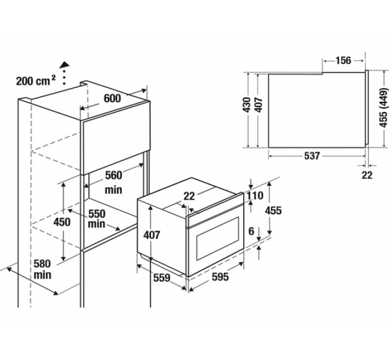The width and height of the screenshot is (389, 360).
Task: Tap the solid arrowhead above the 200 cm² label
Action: pos(64,65)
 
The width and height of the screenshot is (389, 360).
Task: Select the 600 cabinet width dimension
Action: pos(112,98)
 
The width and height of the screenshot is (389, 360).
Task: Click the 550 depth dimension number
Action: pos(97,212)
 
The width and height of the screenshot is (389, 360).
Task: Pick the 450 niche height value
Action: pos(61,222)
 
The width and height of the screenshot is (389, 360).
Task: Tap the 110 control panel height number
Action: pos(255,196)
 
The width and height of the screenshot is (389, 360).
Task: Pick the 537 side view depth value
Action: pos(311,155)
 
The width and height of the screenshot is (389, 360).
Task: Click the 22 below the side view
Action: pos(367,175)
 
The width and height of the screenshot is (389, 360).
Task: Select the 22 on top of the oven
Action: pos(189,196)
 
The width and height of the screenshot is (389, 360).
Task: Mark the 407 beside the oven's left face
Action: pos(151,235)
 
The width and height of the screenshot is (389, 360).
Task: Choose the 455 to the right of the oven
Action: pos(273,210)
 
